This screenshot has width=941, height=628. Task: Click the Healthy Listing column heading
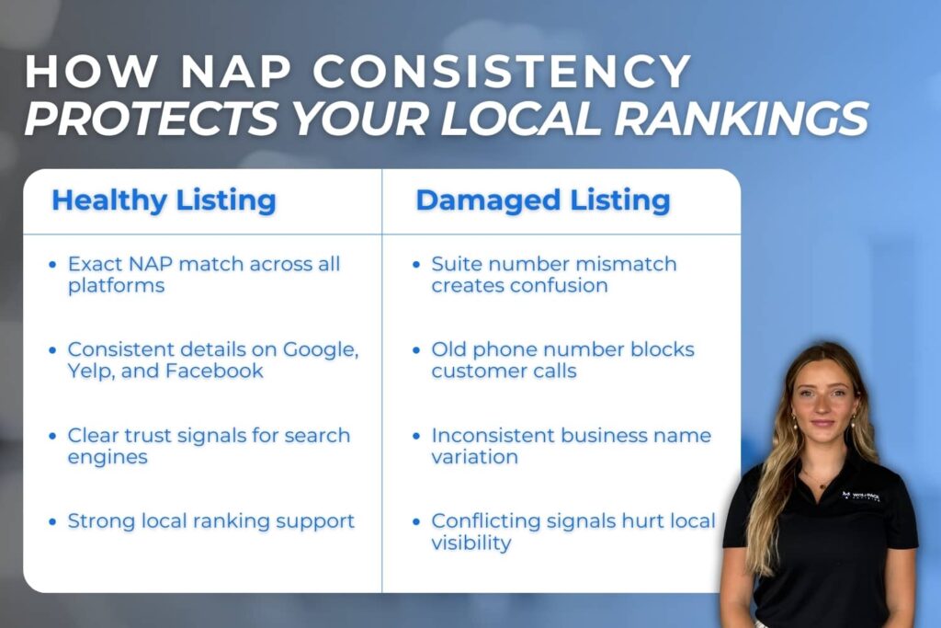164,200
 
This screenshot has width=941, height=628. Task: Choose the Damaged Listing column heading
543,200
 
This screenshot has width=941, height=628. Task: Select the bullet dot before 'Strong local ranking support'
51,521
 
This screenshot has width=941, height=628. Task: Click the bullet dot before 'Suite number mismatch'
415,265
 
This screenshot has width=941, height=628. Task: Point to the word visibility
471,542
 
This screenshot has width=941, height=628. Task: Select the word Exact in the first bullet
94,264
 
